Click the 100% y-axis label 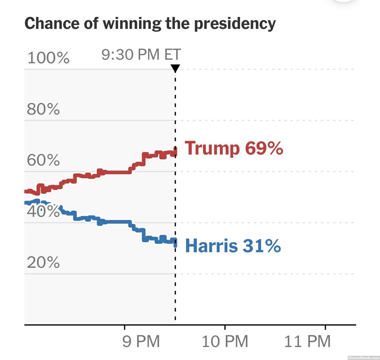click(48, 58)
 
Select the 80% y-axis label click(43, 109)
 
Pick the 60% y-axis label click(43, 160)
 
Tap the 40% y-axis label click(43, 211)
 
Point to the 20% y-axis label click(43, 262)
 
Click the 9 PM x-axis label click(141, 341)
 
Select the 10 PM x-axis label click(225, 341)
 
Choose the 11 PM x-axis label click(307, 341)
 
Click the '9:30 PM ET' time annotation click(141, 55)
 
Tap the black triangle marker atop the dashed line click(175, 68)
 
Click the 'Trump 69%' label click(234, 148)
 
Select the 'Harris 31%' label click(233, 245)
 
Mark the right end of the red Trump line click(175, 151)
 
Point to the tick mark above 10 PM click(225, 327)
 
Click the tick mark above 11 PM click(325, 327)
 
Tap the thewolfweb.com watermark click(363, 357)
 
